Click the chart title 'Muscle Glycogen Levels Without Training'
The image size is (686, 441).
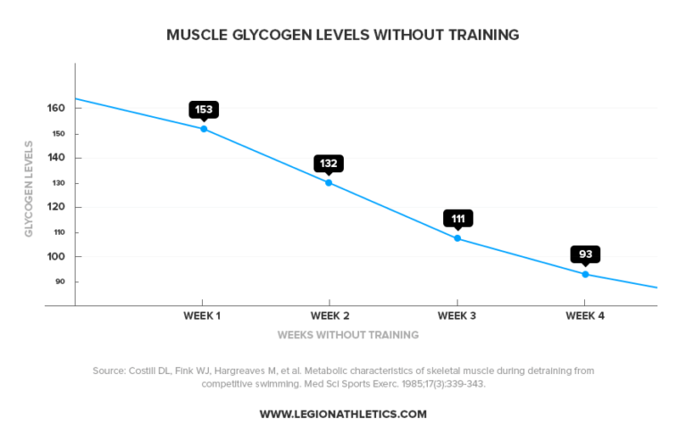coord(343,36)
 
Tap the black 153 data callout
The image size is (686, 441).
coord(204,110)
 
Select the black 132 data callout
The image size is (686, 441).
coord(329,163)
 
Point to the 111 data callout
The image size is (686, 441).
coord(457,219)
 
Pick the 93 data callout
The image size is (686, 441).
coord(586,254)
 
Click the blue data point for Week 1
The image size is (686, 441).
coord(204,129)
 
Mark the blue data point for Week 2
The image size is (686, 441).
coord(329,183)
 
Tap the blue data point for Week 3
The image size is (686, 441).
coord(457,238)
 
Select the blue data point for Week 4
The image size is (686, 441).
coord(586,274)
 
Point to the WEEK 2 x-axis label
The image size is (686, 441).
coord(330,316)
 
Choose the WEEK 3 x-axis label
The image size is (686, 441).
coord(457,316)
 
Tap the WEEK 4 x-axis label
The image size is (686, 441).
coord(586,316)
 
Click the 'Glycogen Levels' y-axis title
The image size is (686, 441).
coord(29,188)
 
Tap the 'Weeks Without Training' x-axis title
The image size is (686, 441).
coord(347,336)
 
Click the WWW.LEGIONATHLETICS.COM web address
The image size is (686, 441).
coord(343,414)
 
